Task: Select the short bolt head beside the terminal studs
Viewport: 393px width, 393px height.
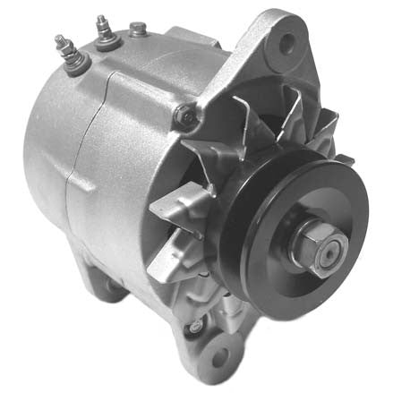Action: [136, 30]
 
